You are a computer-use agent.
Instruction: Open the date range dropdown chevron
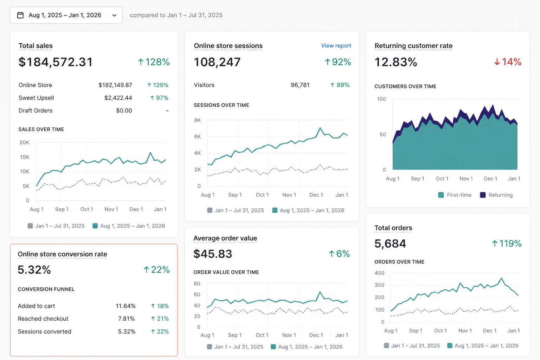coord(114,15)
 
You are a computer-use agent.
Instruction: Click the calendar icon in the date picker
coord(20,15)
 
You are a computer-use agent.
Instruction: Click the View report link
coord(336,46)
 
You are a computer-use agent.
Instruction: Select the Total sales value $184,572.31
coord(56,62)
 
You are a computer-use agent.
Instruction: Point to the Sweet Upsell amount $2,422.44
coord(118,98)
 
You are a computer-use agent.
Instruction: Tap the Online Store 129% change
coord(157,85)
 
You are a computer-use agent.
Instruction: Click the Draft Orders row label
coord(36,110)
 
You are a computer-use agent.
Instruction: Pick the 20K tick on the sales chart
coord(24,142)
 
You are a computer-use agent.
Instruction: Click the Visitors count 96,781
coord(300,85)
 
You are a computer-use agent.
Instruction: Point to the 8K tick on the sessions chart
coord(198,120)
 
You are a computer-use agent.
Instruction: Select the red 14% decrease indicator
coord(508,62)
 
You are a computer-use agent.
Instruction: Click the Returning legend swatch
coord(483,195)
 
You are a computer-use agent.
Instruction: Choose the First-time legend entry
coord(455,195)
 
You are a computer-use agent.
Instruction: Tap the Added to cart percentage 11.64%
coord(126,306)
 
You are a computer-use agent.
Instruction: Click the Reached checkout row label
coord(43,319)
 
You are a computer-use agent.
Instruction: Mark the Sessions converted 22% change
coord(160,332)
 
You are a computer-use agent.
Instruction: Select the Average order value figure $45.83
coord(213,254)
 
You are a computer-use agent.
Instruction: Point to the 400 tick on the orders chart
coord(379,273)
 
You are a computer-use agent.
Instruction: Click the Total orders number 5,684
coord(390,244)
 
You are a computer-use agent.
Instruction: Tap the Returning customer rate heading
coord(413,46)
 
